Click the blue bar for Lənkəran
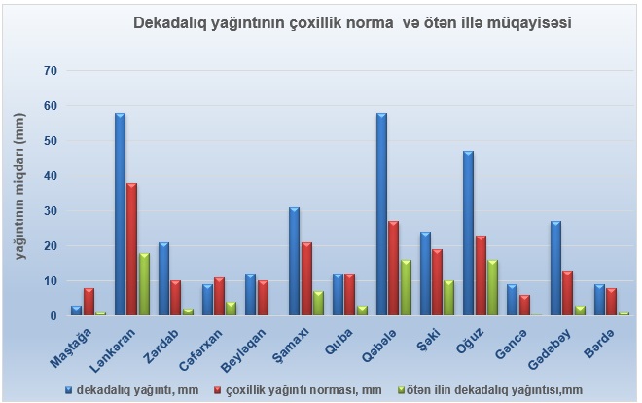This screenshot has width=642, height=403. point(120,214)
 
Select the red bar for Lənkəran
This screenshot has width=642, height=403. point(131,249)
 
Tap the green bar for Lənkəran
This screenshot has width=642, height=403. point(144,284)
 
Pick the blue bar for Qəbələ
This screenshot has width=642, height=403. point(381,214)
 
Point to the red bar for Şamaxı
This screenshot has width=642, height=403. point(305,279)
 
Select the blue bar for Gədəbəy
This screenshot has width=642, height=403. point(555,269)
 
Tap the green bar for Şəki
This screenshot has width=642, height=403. point(448,299)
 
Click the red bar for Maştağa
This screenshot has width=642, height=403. point(89,302)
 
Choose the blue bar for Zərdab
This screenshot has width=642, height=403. point(163,279)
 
